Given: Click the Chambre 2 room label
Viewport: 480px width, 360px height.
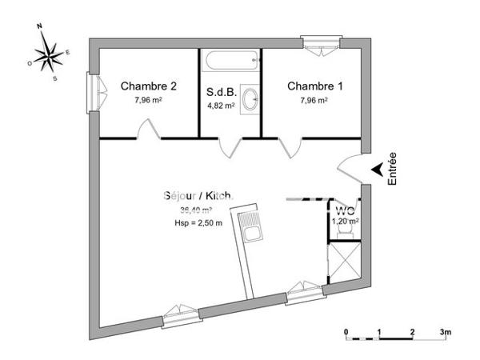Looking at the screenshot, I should tap(148, 86).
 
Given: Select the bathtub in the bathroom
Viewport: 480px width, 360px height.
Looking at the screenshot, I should tap(230, 60).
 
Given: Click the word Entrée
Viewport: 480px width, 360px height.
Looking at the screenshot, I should tap(392, 170).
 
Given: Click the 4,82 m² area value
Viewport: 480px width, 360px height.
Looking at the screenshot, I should tap(221, 104).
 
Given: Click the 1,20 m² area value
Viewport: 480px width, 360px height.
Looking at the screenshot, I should tap(345, 220).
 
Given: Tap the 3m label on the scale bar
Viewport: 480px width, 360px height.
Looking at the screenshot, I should tap(445, 331).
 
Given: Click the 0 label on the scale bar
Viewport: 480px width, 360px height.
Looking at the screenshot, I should tap(346, 331).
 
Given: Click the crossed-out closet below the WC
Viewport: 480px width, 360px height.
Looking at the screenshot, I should tap(344, 260).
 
